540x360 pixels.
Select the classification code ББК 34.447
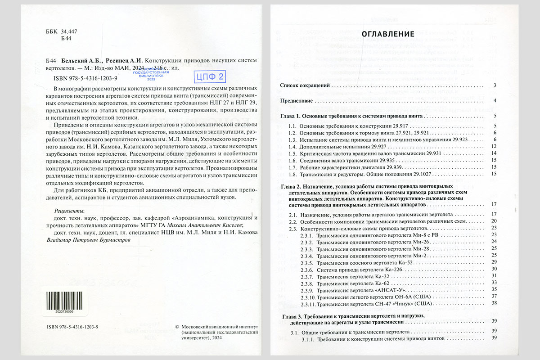coord(62,31)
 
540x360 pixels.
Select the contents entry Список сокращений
coord(306,85)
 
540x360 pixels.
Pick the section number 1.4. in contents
coord(293,147)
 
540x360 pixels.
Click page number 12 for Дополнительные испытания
coord(494,147)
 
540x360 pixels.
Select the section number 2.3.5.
coord(308,262)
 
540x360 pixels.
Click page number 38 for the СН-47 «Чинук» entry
coord(494,303)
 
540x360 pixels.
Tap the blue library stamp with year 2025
coord(153,72)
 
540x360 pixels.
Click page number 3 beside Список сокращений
coord(495,85)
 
